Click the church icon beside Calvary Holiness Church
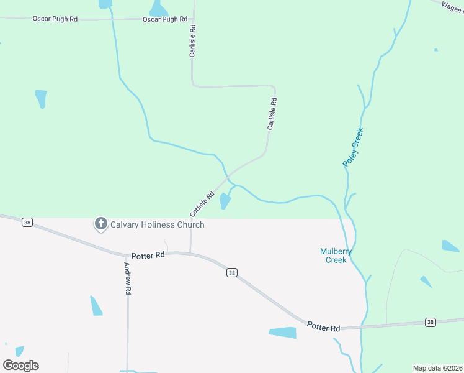tap(101, 224)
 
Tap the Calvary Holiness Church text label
tap(157, 224)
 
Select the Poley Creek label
tap(353, 147)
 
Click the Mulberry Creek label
tap(336, 256)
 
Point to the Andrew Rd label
tap(127, 279)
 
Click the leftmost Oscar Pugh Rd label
tap(55, 19)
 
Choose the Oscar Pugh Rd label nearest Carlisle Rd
tap(165, 19)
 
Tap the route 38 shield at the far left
tap(27, 222)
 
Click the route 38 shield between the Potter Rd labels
tap(231, 272)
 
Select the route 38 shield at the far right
tap(431, 321)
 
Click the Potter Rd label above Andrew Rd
tap(148, 256)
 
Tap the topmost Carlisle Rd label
tap(193, 42)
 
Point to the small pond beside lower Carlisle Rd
tap(225, 200)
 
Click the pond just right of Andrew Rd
tap(96, 306)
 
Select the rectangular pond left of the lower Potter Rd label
tap(283, 333)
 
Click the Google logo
tap(20, 366)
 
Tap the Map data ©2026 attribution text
tap(437, 368)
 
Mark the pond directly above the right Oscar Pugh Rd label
tap(159, 8)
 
